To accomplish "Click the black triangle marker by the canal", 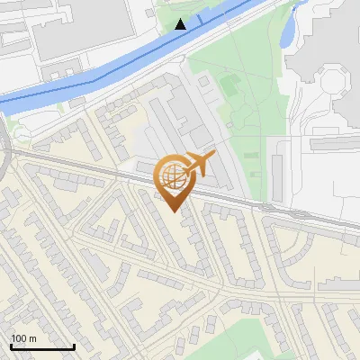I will click(181, 23).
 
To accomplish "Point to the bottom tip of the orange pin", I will click(174, 211).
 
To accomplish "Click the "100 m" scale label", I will click(24, 337).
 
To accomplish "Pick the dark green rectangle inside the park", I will click(229, 86).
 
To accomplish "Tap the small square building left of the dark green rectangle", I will click(206, 82).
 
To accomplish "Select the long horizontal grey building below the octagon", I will click(333, 143).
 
